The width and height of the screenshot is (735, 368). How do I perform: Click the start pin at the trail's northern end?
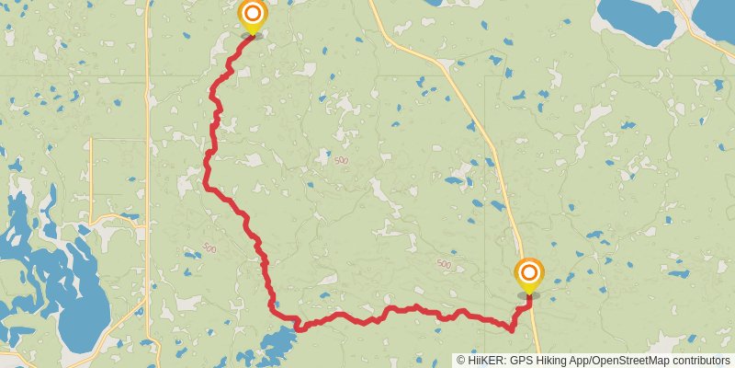tap(252, 16)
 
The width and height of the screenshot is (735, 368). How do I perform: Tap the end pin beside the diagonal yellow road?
tap(529, 273)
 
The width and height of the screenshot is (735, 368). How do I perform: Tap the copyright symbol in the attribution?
tap(462, 361)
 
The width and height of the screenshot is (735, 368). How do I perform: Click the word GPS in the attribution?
tap(518, 361)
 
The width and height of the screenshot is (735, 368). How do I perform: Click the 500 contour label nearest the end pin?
tap(444, 265)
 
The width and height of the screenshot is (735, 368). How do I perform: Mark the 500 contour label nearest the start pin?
tap(342, 160)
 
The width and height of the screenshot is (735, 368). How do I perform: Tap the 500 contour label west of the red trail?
tap(210, 248)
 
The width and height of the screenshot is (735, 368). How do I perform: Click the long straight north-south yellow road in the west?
tap(149, 138)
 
